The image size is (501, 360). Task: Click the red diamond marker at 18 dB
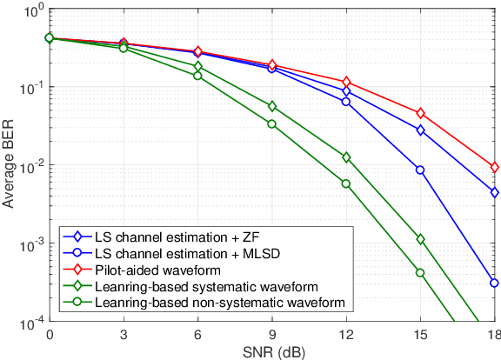[x=495, y=167]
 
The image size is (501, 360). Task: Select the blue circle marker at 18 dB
[x=495, y=283]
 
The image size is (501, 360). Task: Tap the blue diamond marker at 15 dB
[x=421, y=130]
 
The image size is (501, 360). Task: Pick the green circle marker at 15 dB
[x=421, y=272]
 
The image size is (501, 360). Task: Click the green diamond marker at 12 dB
[x=346, y=157]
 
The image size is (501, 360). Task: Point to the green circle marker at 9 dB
[x=272, y=123]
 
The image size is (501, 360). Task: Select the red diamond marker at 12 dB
[x=346, y=82]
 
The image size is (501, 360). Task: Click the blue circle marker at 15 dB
[x=421, y=170]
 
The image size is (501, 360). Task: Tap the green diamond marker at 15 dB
[x=421, y=239]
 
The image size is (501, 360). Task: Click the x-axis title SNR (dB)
[x=271, y=351]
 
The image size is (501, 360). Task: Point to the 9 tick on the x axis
[x=272, y=335]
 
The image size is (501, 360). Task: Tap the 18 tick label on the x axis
[x=493, y=335]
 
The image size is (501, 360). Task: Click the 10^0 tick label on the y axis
[x=31, y=10]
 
